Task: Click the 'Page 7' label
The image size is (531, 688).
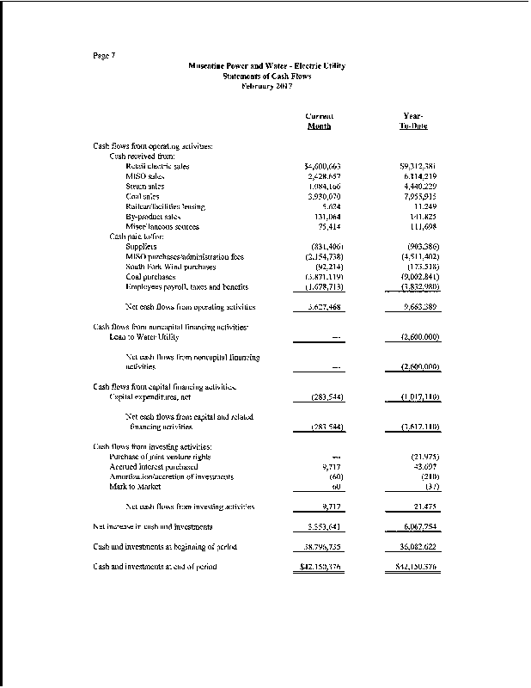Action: [x=104, y=57]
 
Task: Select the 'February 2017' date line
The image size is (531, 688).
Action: [x=266, y=84]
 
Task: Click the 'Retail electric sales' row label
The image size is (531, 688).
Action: [x=157, y=166]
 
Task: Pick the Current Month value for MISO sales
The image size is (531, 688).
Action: [x=324, y=176]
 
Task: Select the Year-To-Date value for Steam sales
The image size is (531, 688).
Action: [x=418, y=187]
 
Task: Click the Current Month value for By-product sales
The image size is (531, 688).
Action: [x=329, y=217]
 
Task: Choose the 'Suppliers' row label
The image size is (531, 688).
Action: [x=142, y=246]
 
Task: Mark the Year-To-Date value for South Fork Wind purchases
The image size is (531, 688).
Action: [x=420, y=267]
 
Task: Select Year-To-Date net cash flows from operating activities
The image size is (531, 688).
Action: [x=418, y=307]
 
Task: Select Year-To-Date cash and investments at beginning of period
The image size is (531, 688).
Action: [x=416, y=547]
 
